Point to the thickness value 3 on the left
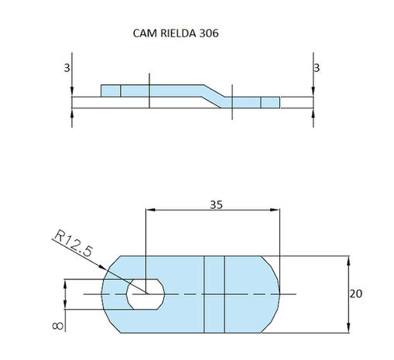(67, 68)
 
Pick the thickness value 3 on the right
(317, 68)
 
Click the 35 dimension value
(218, 204)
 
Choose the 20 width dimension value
(356, 294)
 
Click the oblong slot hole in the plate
(145, 294)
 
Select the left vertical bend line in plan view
(204, 294)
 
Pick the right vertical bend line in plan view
(224, 294)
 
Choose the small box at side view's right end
(269, 102)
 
